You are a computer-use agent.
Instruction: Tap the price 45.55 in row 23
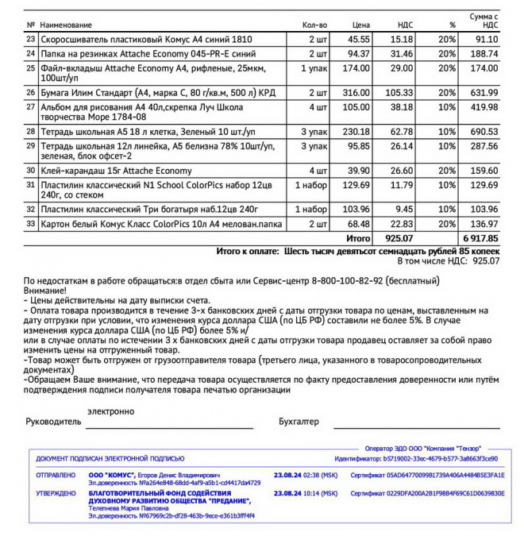(x=359, y=39)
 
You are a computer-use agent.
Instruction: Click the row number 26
(x=31, y=93)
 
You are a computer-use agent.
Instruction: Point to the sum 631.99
(x=484, y=93)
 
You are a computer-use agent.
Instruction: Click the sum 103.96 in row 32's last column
(x=484, y=209)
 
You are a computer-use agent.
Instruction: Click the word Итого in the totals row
(x=359, y=237)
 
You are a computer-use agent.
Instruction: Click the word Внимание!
(x=45, y=291)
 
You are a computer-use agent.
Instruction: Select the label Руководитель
(x=53, y=422)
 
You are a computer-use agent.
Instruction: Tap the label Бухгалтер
(x=299, y=422)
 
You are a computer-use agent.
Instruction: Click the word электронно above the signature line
(x=111, y=411)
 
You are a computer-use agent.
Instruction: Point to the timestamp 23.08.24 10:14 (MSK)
(x=306, y=493)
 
